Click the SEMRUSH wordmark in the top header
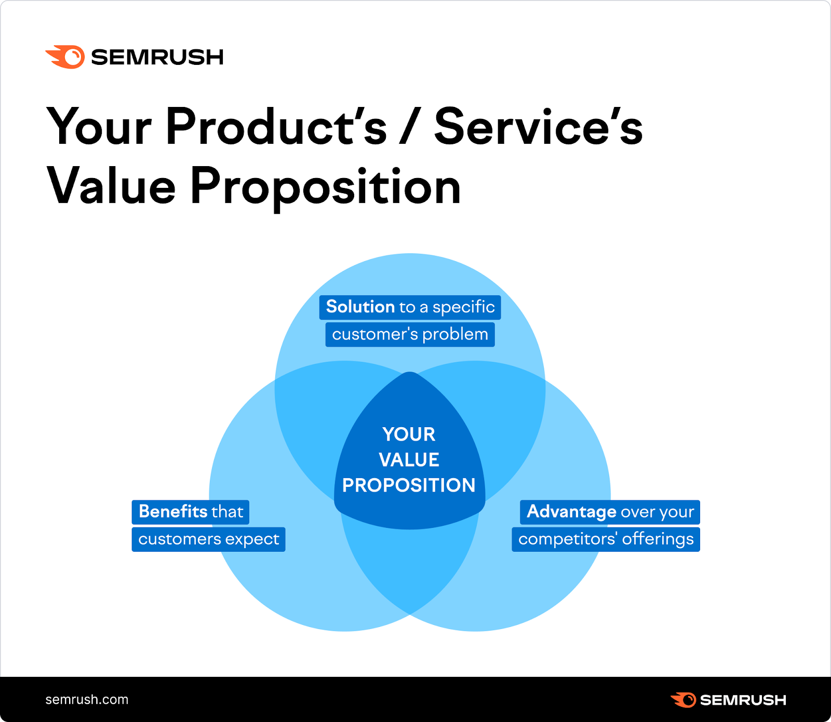pyautogui.click(x=157, y=57)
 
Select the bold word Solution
pyautogui.click(x=360, y=307)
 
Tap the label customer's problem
pyautogui.click(x=410, y=334)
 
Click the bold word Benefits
pyautogui.click(x=173, y=512)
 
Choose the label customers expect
pyautogui.click(x=208, y=539)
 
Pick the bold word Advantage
pyautogui.click(x=571, y=512)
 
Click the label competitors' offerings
pyautogui.click(x=606, y=539)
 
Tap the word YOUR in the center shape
pyautogui.click(x=409, y=434)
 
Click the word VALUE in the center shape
pyautogui.click(x=409, y=460)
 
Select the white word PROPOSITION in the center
pyautogui.click(x=409, y=485)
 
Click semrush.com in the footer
pyautogui.click(x=87, y=700)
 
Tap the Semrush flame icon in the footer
pyautogui.click(x=683, y=700)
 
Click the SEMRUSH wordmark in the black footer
pyautogui.click(x=743, y=700)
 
